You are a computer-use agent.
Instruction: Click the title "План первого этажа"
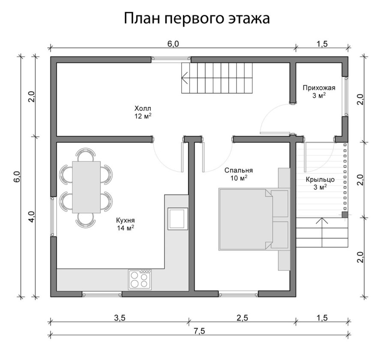pyautogui.click(x=197, y=18)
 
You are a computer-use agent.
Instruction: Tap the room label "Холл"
pyautogui.click(x=143, y=108)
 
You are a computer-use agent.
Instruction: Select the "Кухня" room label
pyautogui.click(x=126, y=220)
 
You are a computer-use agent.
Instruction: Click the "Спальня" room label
pyautogui.click(x=238, y=170)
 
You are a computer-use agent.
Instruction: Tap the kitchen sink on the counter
pyautogui.click(x=177, y=218)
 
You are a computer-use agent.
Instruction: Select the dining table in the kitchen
pyautogui.click(x=87, y=187)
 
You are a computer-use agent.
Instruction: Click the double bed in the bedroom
pyautogui.click(x=246, y=218)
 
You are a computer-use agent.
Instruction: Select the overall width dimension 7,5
pyautogui.click(x=198, y=330)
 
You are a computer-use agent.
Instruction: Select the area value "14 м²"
pyautogui.click(x=126, y=228)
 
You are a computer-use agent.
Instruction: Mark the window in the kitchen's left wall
pyautogui.click(x=53, y=216)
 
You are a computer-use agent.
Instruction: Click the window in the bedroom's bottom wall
pyautogui.click(x=238, y=294)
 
